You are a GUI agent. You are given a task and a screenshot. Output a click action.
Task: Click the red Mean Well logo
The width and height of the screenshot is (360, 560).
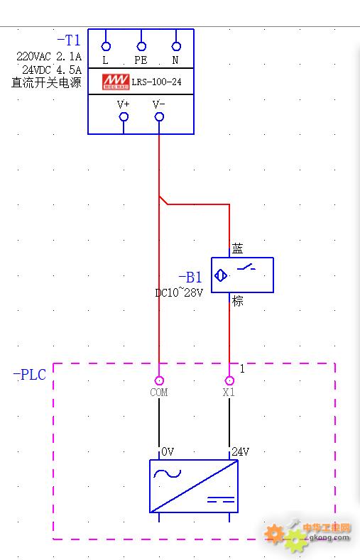[x=116, y=82]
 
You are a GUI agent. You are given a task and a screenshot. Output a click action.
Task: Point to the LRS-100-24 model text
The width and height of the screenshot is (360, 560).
[x=156, y=82]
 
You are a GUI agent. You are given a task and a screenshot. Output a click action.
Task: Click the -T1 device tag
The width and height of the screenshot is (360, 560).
[x=69, y=40]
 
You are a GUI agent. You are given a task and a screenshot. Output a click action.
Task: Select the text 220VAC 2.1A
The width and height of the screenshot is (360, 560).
[x=49, y=56]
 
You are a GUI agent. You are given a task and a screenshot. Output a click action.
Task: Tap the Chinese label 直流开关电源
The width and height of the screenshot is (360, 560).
[x=46, y=82]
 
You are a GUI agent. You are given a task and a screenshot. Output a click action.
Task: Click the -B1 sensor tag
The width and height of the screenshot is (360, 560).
[x=190, y=277]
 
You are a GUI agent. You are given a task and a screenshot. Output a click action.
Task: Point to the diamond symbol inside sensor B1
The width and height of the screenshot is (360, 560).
[x=221, y=275]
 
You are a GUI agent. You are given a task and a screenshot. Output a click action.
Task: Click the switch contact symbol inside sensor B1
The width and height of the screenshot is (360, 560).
[x=246, y=267]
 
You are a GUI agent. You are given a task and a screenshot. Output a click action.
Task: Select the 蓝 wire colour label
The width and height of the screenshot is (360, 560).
[x=237, y=248]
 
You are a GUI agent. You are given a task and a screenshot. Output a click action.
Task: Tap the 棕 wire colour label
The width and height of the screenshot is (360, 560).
[x=237, y=301]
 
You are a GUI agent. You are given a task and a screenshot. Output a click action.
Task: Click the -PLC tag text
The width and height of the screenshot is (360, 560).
[x=30, y=375]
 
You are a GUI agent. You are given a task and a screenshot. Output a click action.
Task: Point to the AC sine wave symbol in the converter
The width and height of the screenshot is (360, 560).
[x=167, y=473]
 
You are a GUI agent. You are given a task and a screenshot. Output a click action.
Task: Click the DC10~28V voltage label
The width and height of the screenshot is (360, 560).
[x=179, y=292]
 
